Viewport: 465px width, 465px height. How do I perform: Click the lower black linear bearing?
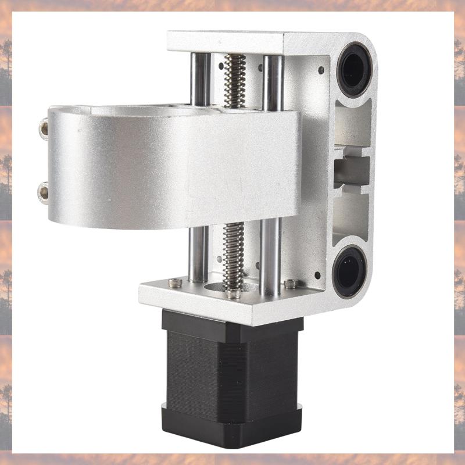click(349, 271)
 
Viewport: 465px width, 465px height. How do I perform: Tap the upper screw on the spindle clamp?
click(43, 128)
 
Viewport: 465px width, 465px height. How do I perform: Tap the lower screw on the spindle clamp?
click(42, 190)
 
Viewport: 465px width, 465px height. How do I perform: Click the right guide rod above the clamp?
click(272, 78)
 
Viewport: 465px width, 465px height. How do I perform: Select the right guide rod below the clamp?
click(270, 256)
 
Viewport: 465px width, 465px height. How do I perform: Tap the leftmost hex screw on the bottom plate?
click(175, 283)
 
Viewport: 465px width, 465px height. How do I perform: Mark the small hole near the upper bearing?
click(321, 70)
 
